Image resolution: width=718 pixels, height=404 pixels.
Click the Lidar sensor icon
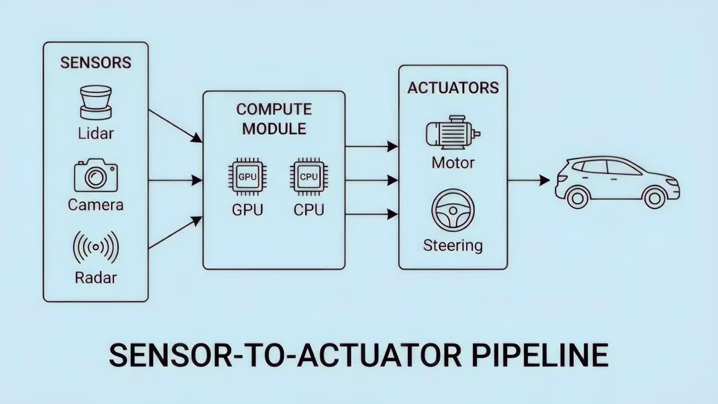coord(96,102)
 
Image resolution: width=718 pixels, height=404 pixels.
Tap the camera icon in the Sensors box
coord(96,176)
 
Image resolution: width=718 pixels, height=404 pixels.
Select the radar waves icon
coord(96,247)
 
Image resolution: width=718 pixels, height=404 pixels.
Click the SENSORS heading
coord(96,62)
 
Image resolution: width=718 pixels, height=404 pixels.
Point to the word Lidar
coord(96,134)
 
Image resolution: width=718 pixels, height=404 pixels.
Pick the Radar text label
coord(96,277)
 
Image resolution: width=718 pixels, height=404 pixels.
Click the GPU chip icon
coord(247,177)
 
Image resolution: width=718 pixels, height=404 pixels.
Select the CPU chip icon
coord(309,177)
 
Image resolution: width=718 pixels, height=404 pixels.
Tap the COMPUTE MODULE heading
coord(274,118)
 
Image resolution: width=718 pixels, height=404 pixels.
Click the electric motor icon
coord(453,133)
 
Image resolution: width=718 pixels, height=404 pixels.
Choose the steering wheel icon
coord(453,210)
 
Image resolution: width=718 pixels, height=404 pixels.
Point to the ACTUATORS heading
coord(453,88)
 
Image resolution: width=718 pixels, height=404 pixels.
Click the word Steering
coord(453,246)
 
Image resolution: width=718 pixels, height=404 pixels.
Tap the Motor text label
coord(453,163)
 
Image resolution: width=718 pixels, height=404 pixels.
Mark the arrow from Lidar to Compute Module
coord(175,125)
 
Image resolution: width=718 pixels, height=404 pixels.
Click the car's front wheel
coord(654,198)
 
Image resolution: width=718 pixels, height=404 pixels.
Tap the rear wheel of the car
coord(578,198)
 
